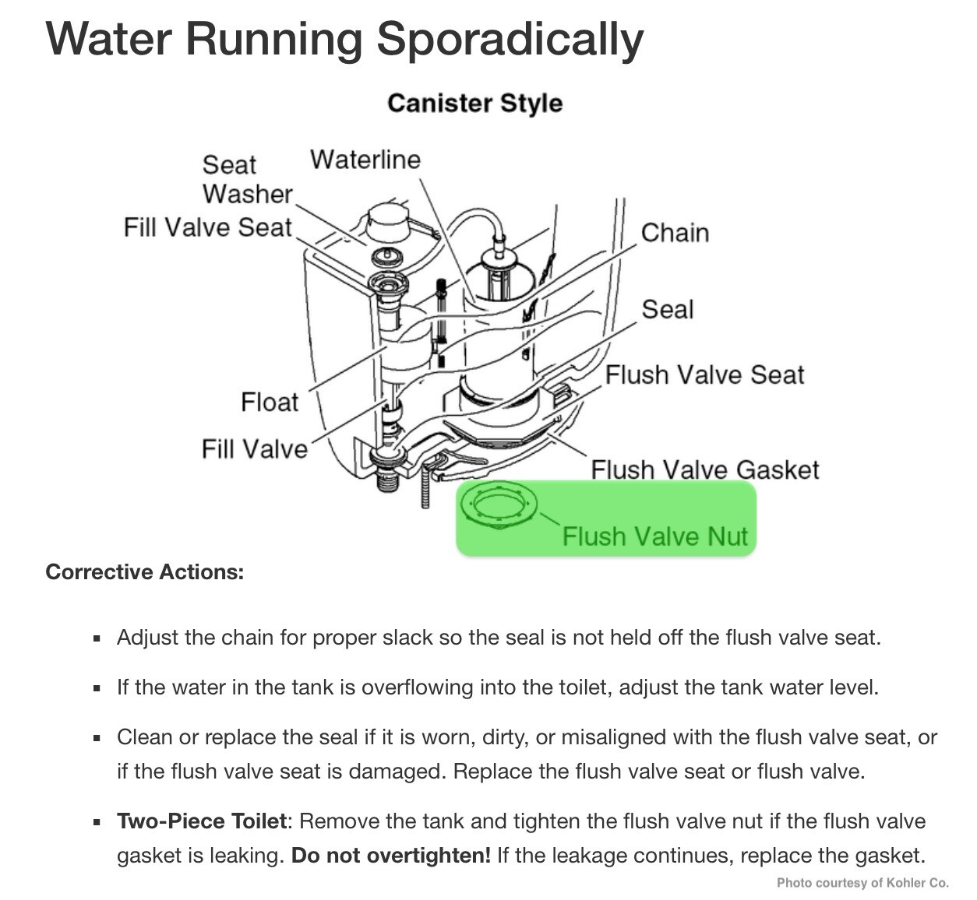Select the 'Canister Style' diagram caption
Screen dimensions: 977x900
[x=474, y=104]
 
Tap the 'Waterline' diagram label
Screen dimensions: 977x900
[x=365, y=160]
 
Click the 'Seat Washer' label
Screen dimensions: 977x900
[x=247, y=180]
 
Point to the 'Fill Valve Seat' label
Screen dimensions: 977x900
[x=207, y=227]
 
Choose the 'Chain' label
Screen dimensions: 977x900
[x=675, y=233]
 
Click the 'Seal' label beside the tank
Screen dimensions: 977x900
[x=668, y=309]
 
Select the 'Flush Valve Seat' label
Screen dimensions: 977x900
[x=704, y=374]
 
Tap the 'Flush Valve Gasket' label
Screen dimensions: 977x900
[x=705, y=469]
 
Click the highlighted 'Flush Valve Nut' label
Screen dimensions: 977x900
[x=654, y=536]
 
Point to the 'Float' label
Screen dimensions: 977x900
[x=270, y=403]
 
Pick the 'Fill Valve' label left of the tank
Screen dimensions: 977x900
[x=254, y=449]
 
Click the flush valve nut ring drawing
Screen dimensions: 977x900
[x=499, y=491]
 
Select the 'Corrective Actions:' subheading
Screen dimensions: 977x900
[x=145, y=572]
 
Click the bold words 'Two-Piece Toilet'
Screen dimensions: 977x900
[x=202, y=821]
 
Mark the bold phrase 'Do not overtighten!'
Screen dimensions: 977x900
[x=391, y=856]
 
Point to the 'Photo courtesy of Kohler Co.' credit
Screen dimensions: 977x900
[x=862, y=883]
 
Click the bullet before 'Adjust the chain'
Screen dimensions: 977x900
[x=97, y=639]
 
